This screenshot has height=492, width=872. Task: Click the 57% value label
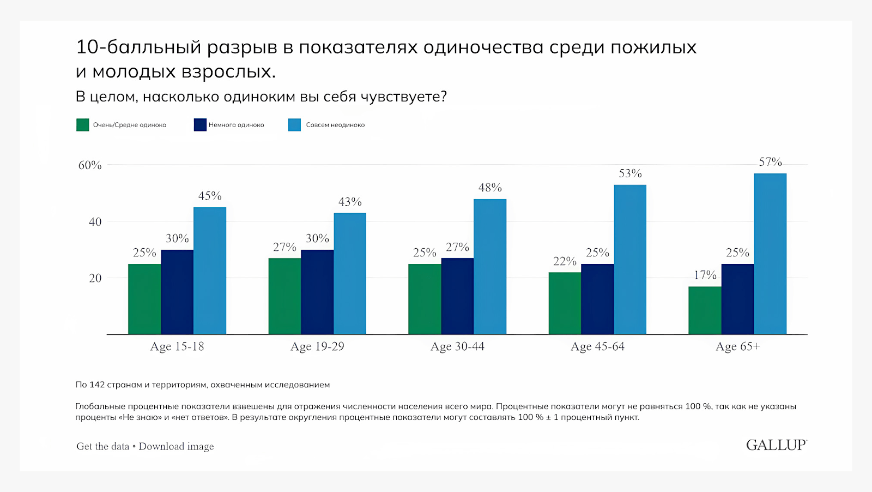770,162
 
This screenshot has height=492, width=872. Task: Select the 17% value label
705,275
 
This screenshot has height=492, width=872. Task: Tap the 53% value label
630,173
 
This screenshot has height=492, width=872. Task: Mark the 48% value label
490,188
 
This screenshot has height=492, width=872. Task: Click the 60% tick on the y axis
90,165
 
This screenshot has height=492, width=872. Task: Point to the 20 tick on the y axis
95,278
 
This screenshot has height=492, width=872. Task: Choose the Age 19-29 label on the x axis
317,347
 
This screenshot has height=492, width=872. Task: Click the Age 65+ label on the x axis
737,347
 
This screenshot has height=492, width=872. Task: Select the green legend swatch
82,125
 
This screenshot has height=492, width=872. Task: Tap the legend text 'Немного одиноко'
236,125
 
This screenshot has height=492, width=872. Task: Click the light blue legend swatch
294,125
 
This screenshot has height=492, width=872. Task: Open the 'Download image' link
176,446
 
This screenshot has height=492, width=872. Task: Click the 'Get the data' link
103,446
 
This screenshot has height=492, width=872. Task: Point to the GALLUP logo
776,445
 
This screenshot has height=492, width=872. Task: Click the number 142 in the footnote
97,385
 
